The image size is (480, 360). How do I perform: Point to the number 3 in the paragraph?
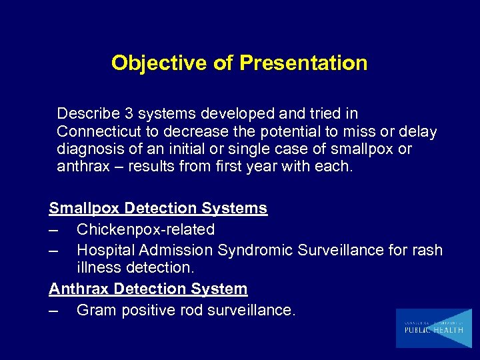click(x=125, y=114)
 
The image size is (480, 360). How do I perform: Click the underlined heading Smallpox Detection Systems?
click(x=158, y=208)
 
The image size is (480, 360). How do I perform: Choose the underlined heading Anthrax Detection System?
click(x=148, y=289)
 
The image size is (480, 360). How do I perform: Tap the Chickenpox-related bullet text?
click(x=145, y=229)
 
